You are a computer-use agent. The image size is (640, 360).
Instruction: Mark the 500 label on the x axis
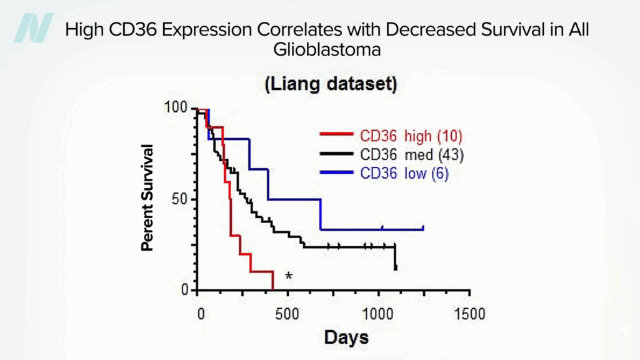coord(287,313)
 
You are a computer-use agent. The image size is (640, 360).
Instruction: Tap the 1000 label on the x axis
coord(378,313)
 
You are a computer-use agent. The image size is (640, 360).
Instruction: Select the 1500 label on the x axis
coord(469,313)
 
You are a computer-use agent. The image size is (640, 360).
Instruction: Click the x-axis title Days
coord(346,337)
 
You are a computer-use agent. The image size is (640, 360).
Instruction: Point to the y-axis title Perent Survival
coord(147,197)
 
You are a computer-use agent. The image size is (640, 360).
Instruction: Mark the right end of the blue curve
coord(423,229)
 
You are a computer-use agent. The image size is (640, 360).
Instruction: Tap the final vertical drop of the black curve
coord(396,257)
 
